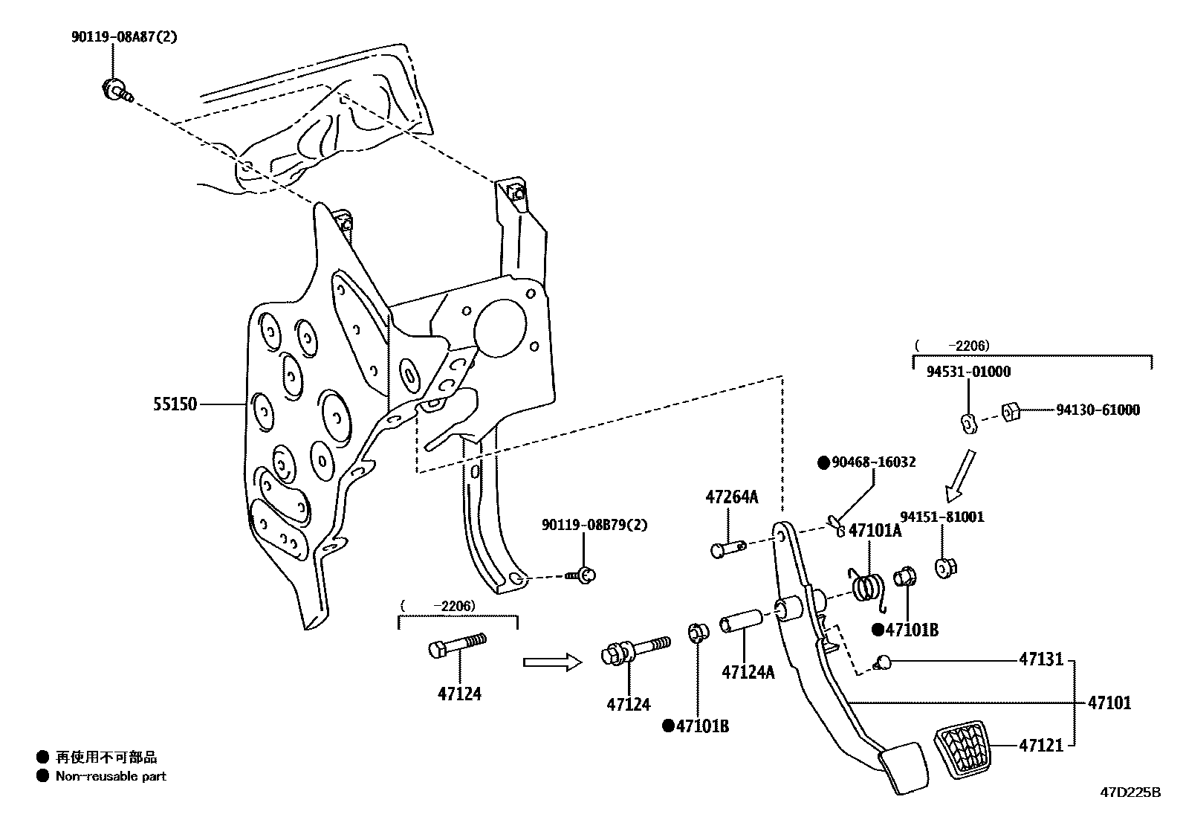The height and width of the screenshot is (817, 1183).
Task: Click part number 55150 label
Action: point(175,404)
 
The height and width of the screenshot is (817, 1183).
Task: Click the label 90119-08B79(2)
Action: point(594,525)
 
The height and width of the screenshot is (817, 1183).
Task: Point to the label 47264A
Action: point(732,497)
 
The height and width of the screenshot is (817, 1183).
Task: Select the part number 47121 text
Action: point(1041,745)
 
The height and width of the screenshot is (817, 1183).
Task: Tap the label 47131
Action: point(1041,659)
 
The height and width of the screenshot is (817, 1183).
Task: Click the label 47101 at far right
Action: point(1109,703)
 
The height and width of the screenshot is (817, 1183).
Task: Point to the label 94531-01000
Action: point(968,372)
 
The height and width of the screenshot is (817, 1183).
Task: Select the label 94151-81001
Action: point(942,517)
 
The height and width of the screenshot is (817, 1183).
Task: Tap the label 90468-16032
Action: point(873,462)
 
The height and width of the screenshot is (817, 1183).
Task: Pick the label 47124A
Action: point(748,672)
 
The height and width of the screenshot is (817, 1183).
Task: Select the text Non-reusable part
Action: point(111,776)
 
